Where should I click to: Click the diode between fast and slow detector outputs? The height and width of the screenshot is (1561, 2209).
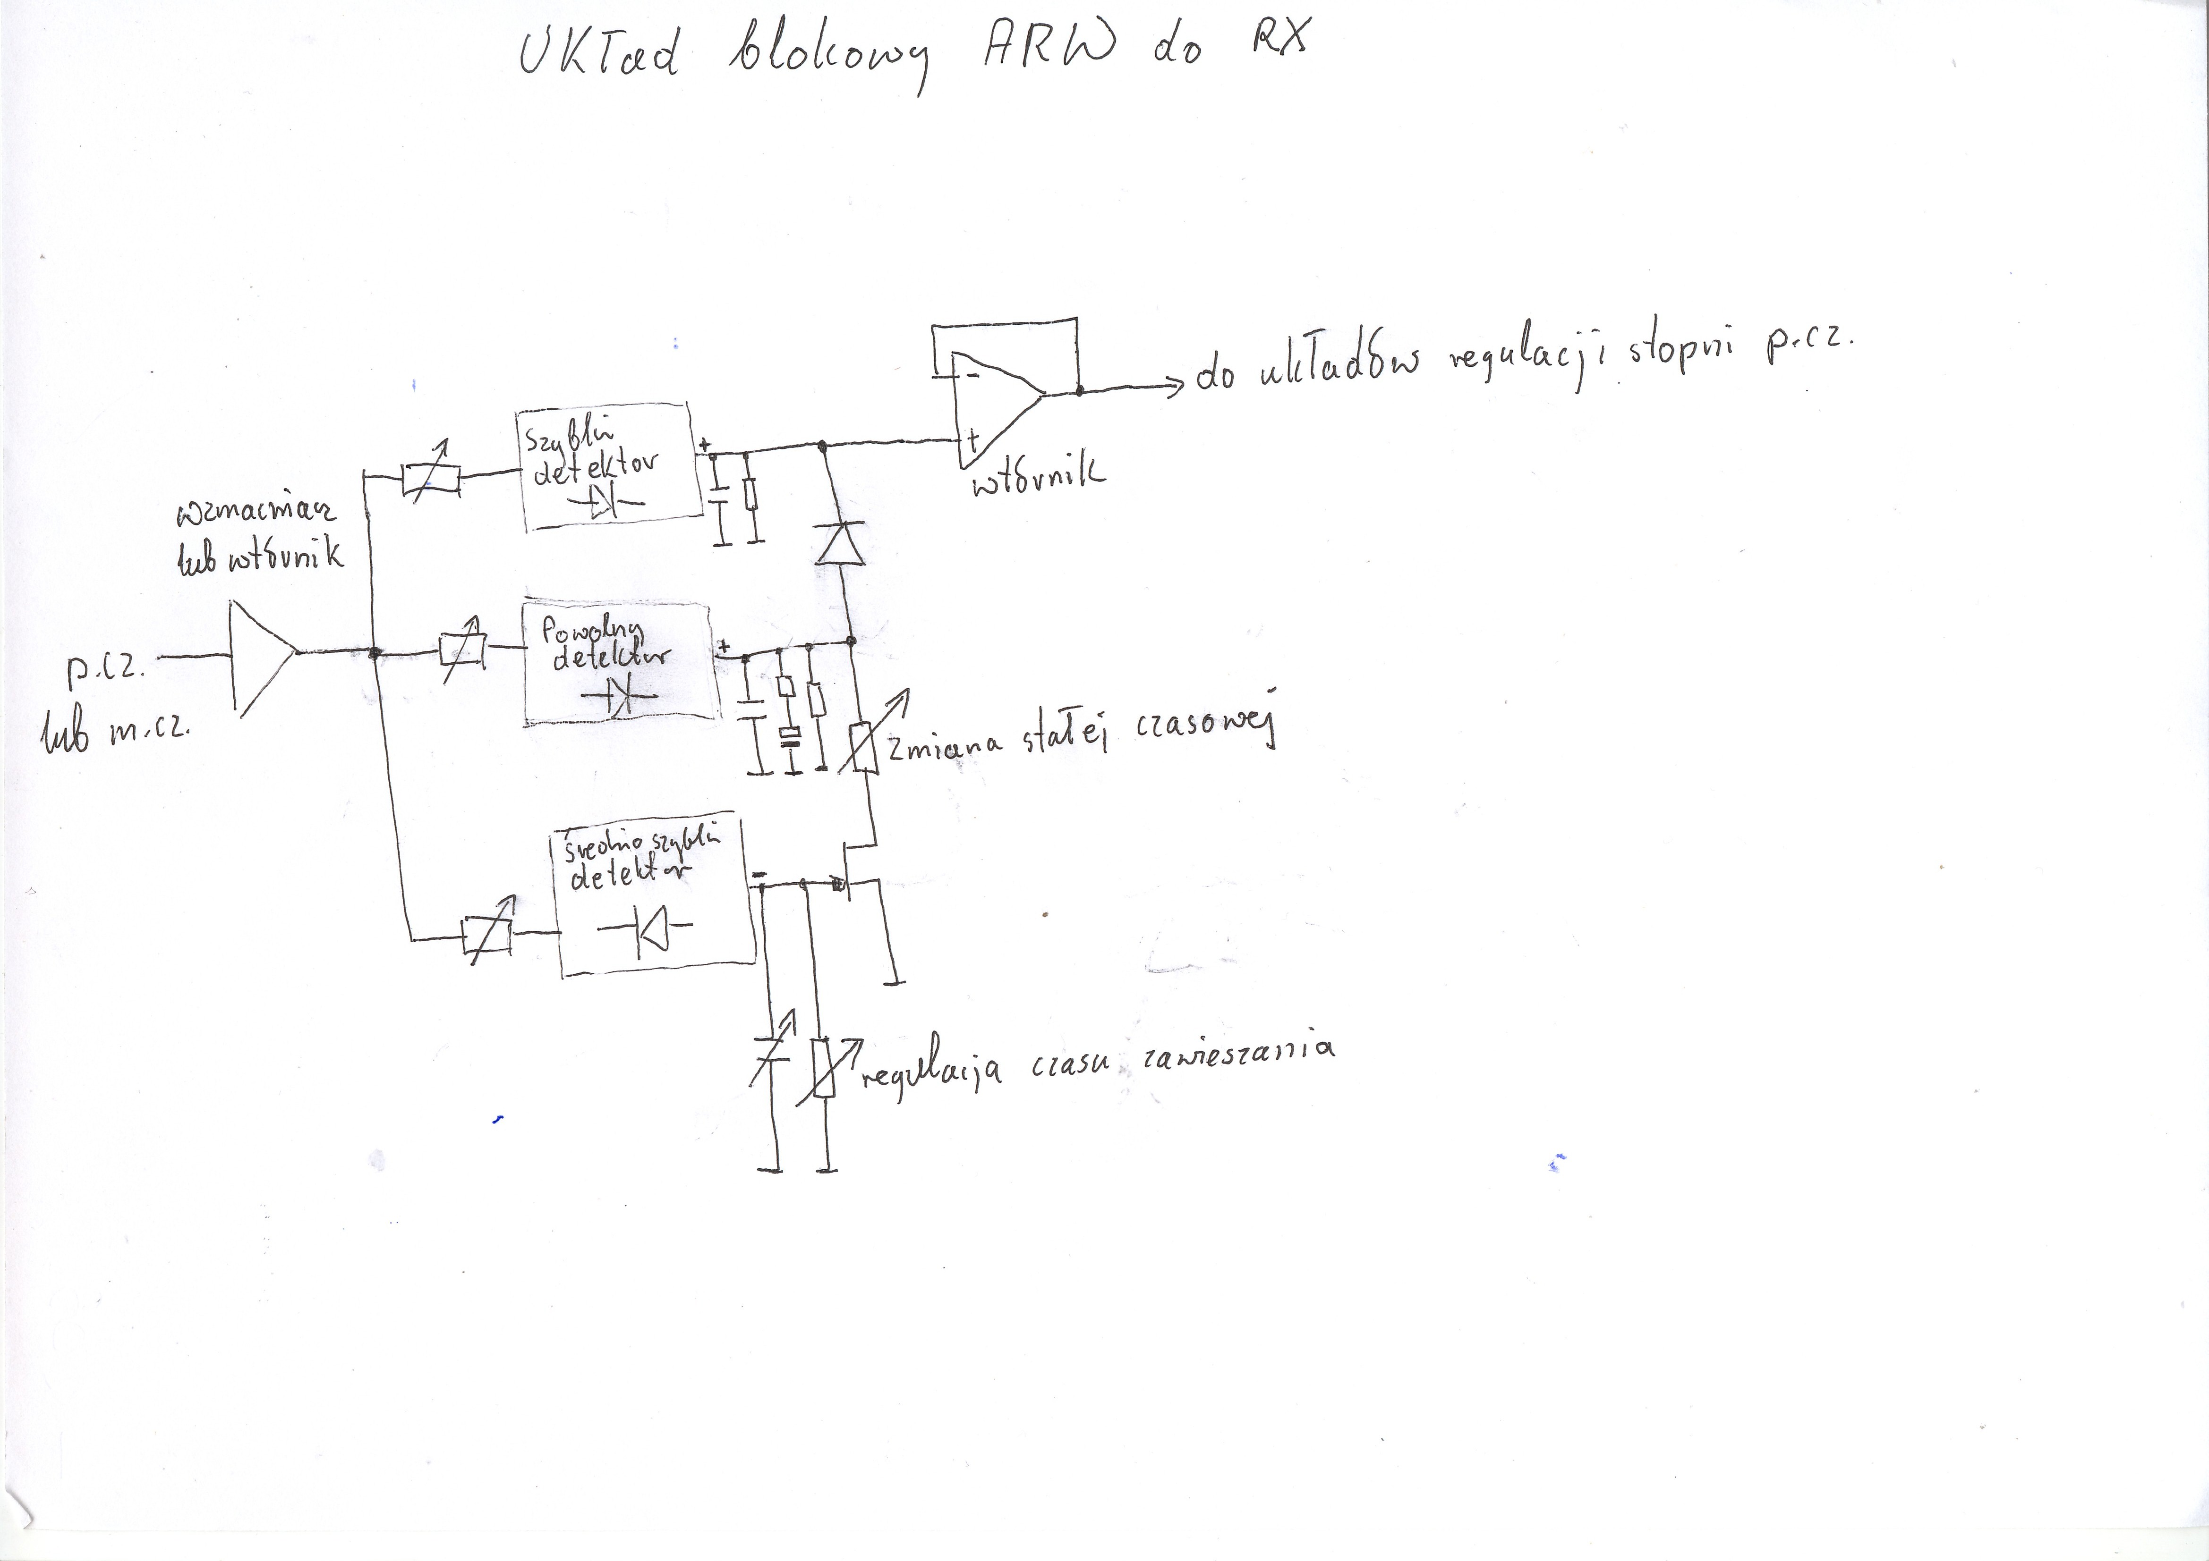840,543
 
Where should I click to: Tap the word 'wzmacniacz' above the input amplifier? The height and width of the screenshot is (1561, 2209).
255,515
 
